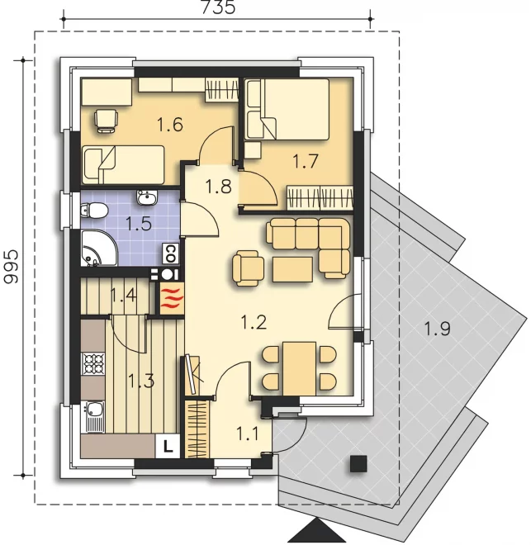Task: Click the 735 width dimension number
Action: tap(218, 7)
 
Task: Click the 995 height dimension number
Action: tap(11, 266)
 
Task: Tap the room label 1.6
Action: tap(170, 125)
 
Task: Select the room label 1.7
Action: tap(305, 161)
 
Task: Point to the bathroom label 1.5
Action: tap(139, 224)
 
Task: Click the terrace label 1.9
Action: tap(437, 329)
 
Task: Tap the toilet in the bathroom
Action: tap(94, 211)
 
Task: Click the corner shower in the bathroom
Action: tap(99, 248)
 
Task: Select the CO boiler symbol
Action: tap(171, 254)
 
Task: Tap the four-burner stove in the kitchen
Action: tap(92, 363)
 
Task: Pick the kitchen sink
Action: tap(92, 417)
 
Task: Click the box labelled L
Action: tap(168, 446)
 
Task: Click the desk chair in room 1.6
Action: tap(106, 121)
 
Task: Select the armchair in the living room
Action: tap(248, 269)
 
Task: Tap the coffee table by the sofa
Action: tap(292, 269)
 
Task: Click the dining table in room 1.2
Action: tap(299, 368)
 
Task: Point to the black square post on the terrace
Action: tap(358, 464)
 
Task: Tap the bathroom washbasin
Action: tap(147, 197)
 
